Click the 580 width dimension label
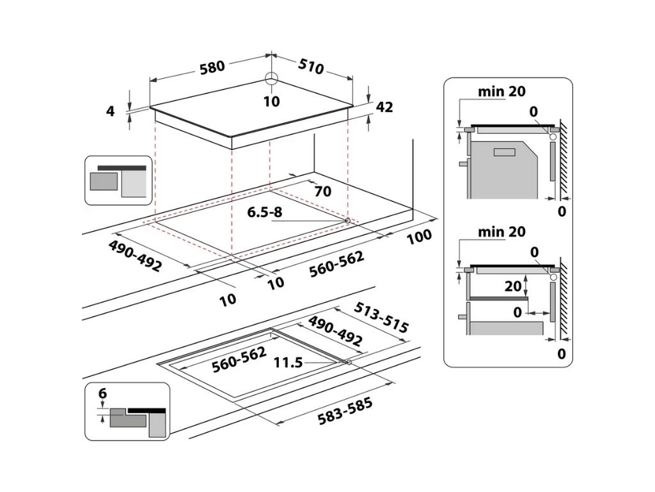coord(212,67)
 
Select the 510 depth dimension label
coord(311,66)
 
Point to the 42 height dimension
coord(384,107)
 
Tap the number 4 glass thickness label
coord(110,111)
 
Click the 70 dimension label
coord(323,191)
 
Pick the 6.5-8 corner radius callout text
coord(265,212)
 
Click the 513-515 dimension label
coord(381,318)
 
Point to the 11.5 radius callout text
coord(288,363)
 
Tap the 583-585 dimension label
coord(345,411)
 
